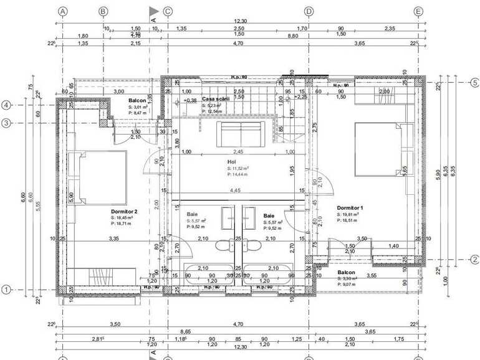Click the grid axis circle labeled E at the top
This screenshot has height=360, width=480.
point(418,11)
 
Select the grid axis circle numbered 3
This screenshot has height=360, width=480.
point(6,123)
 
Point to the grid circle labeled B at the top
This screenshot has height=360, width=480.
point(103,11)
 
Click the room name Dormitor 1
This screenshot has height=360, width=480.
point(350,208)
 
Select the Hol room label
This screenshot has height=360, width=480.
point(231,161)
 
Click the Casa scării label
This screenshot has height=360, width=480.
point(216,100)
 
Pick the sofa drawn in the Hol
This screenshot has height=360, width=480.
point(240,134)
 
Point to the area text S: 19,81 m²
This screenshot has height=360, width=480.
point(352,214)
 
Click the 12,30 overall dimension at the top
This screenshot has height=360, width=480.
point(239,21)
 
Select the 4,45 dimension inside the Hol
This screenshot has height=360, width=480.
point(235,190)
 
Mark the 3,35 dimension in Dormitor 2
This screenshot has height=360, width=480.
point(113,239)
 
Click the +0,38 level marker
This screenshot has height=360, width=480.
point(190,100)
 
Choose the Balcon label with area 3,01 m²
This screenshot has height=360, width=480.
point(137,100)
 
